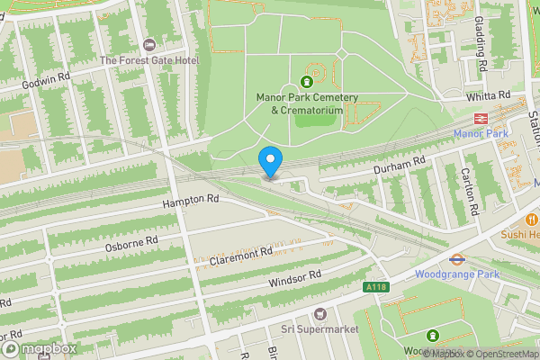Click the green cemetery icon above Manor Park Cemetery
coord(306,83)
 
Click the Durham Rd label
coord(399,166)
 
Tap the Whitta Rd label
coord(489,94)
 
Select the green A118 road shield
coord(375,287)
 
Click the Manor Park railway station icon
coord(481,118)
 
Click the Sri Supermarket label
coord(320,329)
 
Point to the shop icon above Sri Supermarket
coord(319,313)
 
